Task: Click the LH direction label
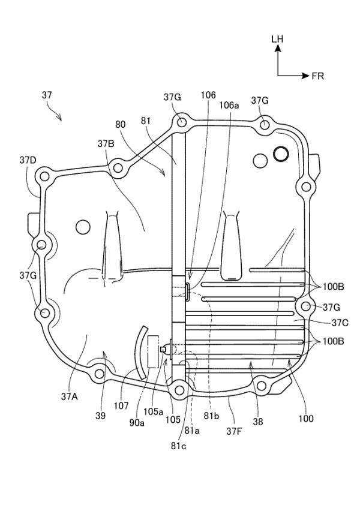(x=277, y=39)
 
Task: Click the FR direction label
(x=318, y=76)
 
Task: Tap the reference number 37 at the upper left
(x=47, y=95)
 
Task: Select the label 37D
(x=28, y=160)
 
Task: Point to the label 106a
(x=229, y=105)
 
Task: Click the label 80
(x=121, y=125)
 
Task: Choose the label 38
(x=258, y=422)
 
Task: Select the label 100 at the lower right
(x=305, y=418)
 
